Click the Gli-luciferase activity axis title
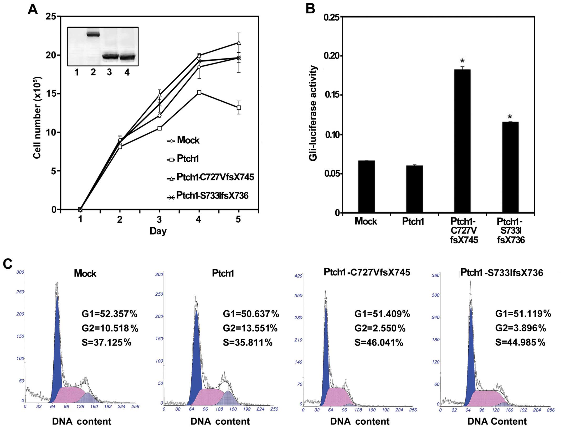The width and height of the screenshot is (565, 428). click(x=313, y=113)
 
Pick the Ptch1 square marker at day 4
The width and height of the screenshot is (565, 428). click(x=199, y=92)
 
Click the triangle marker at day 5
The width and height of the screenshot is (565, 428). click(x=239, y=43)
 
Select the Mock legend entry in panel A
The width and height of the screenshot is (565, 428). click(x=184, y=140)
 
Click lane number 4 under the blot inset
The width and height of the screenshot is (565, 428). click(x=127, y=72)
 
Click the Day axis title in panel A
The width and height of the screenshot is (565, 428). click(x=158, y=231)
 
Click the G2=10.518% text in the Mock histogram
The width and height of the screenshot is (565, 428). click(x=110, y=328)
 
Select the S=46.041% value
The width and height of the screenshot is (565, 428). click(x=379, y=343)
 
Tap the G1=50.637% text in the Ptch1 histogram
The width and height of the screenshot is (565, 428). click(x=251, y=314)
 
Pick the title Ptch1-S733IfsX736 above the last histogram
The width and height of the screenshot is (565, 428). click(x=502, y=273)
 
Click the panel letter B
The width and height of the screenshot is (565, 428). click(x=310, y=9)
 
